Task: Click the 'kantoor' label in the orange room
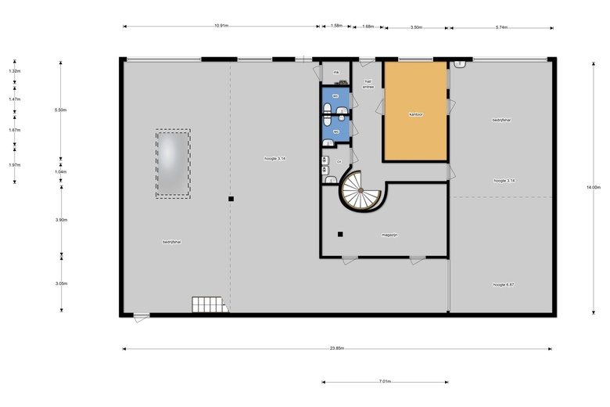coord(415,114)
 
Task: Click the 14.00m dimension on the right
coord(593,187)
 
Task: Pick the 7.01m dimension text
coord(385,382)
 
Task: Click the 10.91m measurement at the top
coord(221,27)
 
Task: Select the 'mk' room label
coord(335,72)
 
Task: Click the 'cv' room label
coord(339,162)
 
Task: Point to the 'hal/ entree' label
coord(368,84)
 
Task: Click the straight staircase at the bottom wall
coord(208,304)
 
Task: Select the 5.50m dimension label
coord(61,110)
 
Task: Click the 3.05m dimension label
coord(61,283)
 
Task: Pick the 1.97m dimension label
coord(14,165)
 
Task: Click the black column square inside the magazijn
coord(340,234)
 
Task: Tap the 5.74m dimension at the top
coord(501,27)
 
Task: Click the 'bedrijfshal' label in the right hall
coord(501,120)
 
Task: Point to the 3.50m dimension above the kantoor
coord(416,27)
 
